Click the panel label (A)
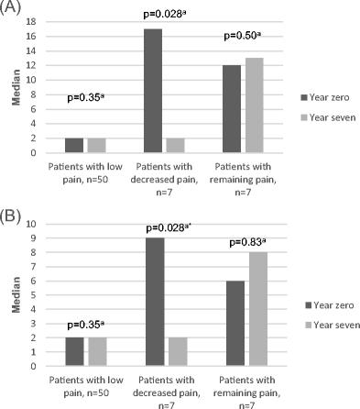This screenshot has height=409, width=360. (x=11, y=8)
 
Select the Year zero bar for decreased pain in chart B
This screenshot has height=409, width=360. (x=153, y=302)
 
